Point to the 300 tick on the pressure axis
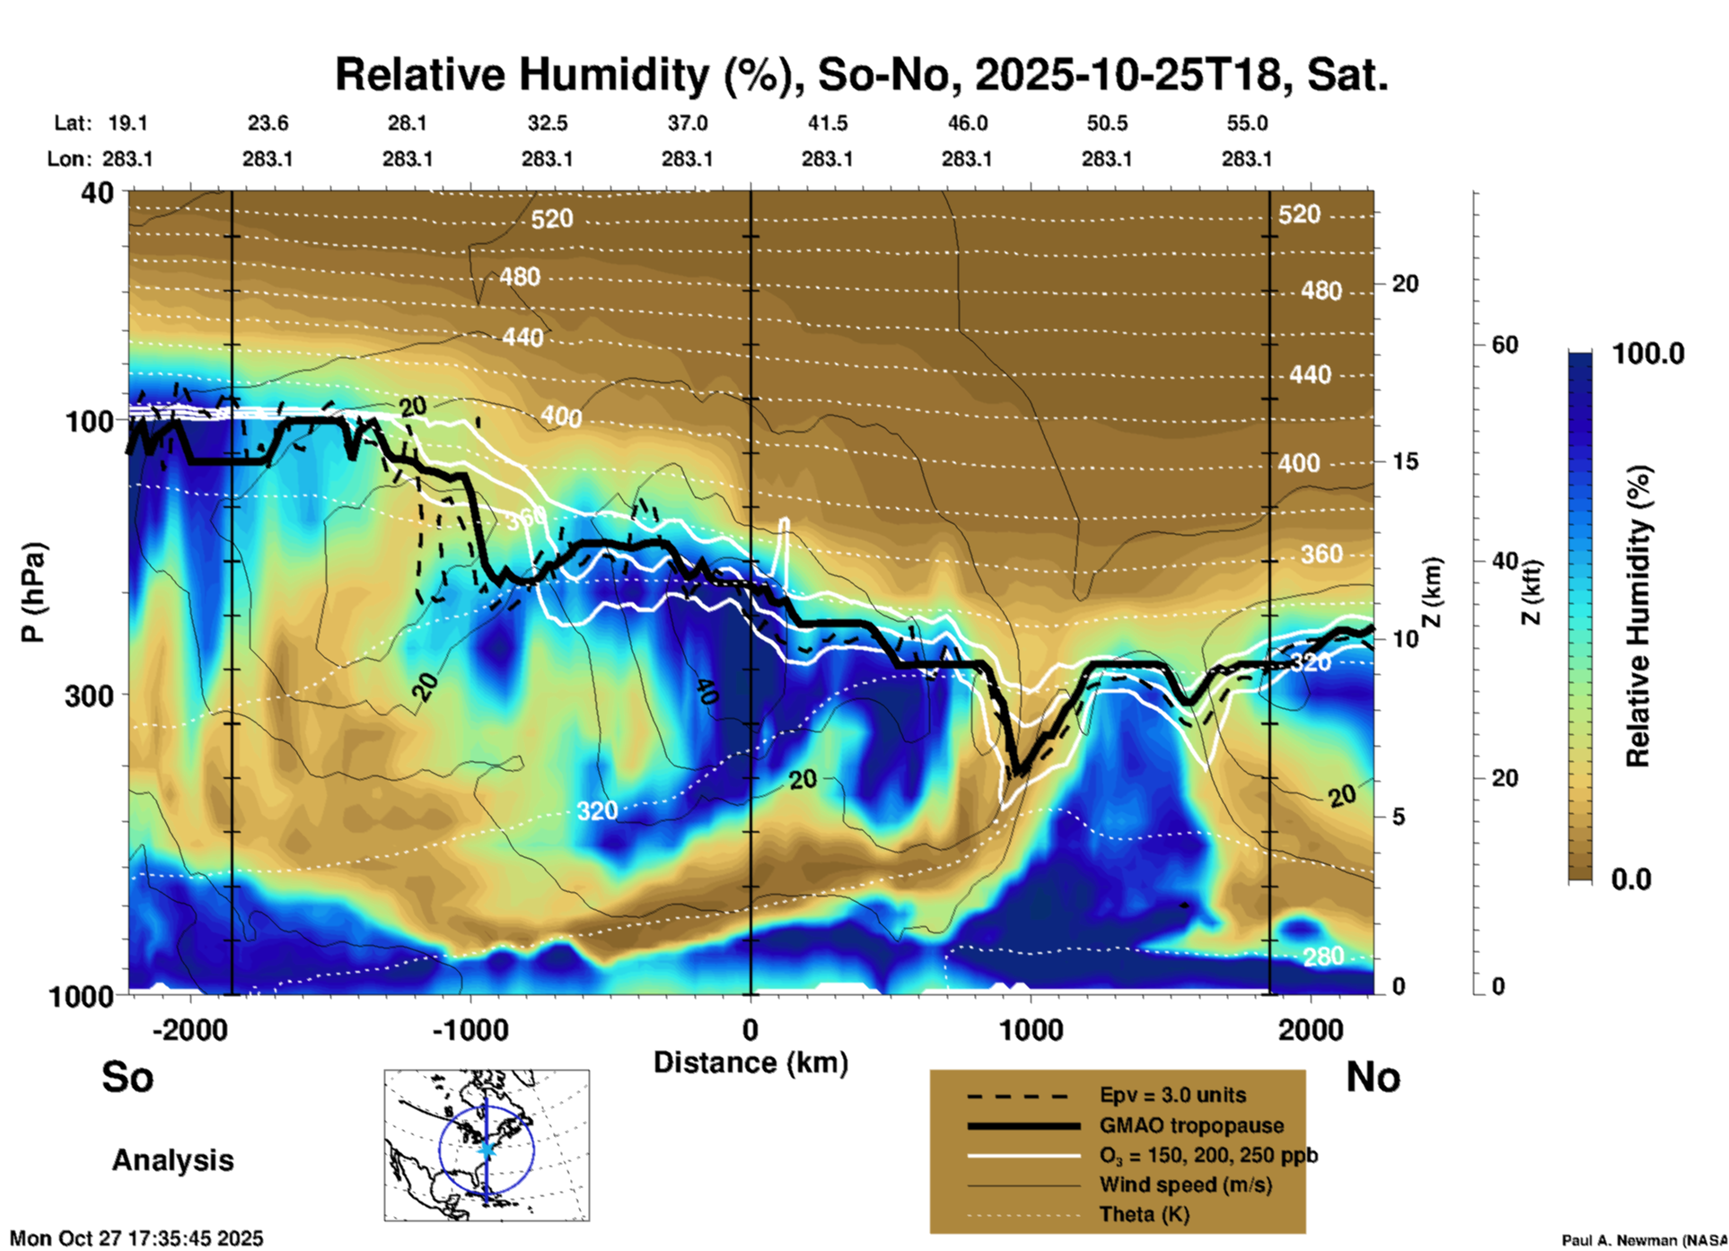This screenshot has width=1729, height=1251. pos(89,695)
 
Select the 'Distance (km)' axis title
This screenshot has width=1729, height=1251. pos(750,1063)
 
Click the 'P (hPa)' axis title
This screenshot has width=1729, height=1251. pos(33,591)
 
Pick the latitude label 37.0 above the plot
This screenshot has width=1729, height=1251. pos(687,123)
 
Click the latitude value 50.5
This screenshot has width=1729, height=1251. pos(1106,123)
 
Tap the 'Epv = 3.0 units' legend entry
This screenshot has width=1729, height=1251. pos(1172,1095)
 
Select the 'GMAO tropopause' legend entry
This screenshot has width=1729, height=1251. pos(1191,1125)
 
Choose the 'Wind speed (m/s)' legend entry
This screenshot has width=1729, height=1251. pos(1185,1185)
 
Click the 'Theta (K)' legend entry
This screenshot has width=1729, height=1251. pos(1144,1214)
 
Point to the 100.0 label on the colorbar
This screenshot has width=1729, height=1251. pos(1648,354)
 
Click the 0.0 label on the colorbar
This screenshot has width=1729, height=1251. pos(1631,879)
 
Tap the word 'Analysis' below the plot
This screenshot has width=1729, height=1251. pos(172,1159)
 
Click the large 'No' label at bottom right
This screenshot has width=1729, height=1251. pos(1373,1077)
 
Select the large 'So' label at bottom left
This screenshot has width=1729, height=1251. pos(127,1077)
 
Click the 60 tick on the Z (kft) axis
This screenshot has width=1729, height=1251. pos(1505,345)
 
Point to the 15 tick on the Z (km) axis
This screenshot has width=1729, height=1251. pos(1405,461)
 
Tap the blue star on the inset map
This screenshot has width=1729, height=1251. pos(487,1149)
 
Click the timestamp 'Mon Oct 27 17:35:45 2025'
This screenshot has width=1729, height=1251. pos(136,1238)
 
